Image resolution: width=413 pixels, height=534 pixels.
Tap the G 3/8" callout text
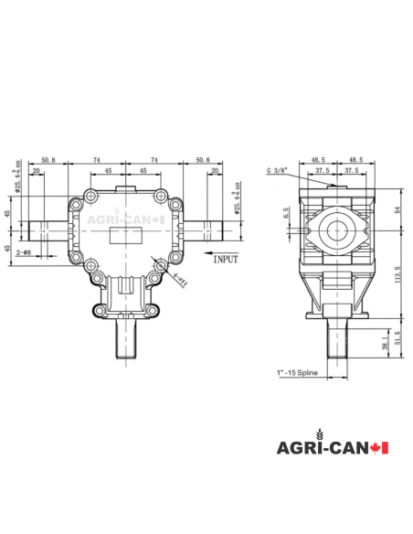point(278,170)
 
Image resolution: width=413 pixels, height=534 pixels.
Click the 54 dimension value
point(397,209)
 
